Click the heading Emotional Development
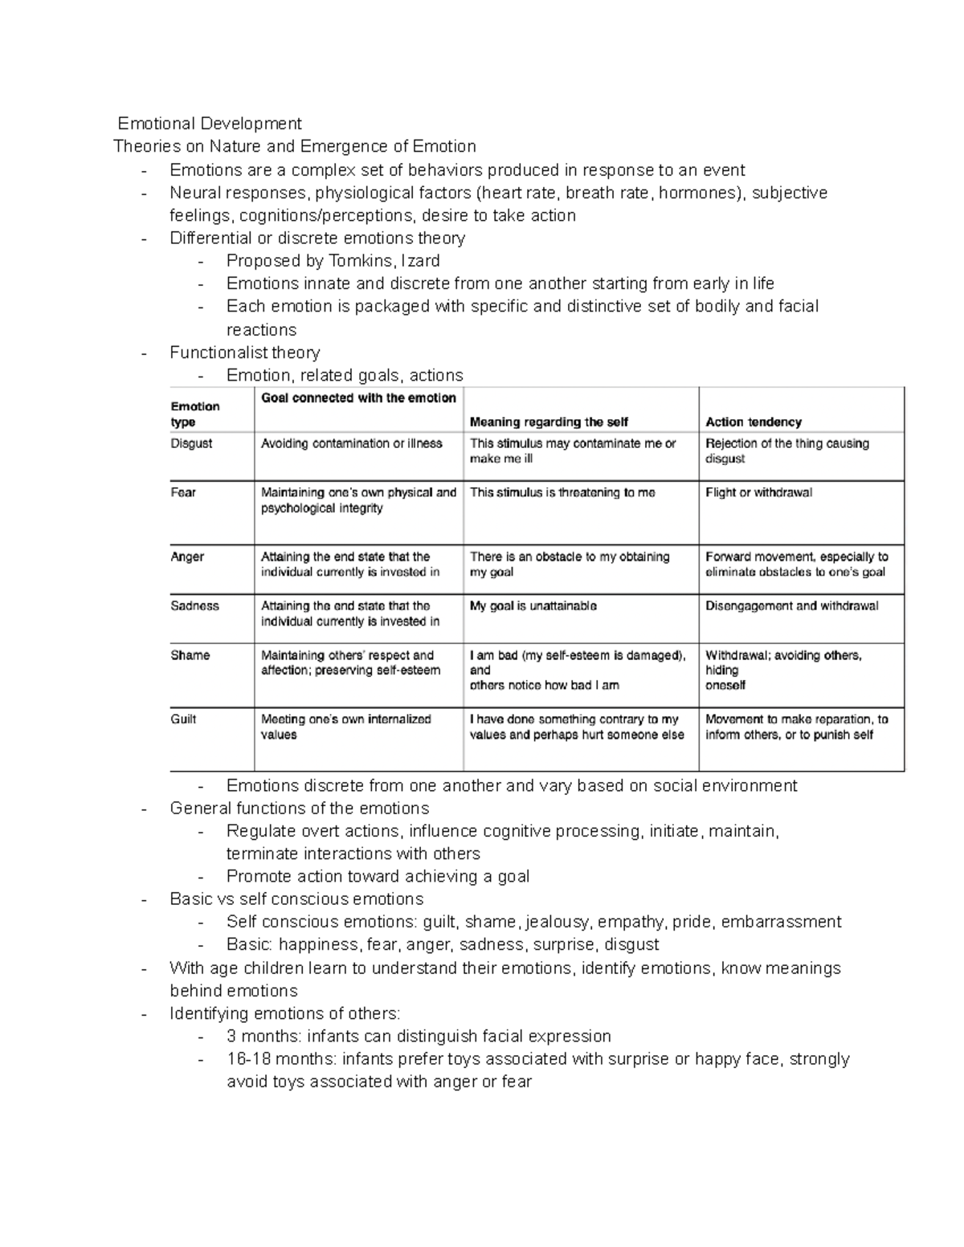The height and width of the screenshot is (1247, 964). point(210,124)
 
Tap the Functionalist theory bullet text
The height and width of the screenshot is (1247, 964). point(245,353)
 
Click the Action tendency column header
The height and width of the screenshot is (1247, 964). point(754,422)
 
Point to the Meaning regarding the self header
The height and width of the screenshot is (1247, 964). point(549,422)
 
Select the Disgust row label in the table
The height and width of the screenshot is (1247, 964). point(191,443)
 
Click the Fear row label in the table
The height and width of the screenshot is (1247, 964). point(183,492)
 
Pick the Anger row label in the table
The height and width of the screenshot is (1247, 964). point(187,556)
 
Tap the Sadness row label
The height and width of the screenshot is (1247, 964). point(194,605)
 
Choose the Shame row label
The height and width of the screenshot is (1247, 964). point(190,655)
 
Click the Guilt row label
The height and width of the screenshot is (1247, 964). point(183,719)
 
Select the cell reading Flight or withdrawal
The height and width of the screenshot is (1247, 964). point(758,492)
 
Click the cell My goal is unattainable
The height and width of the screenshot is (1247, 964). point(533,606)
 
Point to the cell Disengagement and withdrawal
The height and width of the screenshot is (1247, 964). point(792,606)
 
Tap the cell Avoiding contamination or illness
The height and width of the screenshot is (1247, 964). point(352,443)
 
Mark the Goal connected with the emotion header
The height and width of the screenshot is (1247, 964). point(358,398)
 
